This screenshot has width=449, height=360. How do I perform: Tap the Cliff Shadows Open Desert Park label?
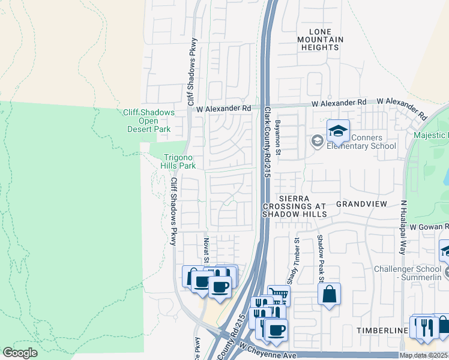coord(148,121)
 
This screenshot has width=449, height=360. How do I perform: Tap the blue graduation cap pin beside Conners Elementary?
coord(338,130)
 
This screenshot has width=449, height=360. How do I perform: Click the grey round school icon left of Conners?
coord(317,141)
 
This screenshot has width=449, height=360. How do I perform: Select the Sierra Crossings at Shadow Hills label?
coord(294,206)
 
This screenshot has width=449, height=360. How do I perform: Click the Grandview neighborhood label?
coord(360,204)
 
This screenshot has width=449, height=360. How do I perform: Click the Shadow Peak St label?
coord(321,258)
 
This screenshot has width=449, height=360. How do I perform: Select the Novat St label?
coord(205,250)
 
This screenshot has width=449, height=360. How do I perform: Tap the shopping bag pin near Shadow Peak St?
coord(329,294)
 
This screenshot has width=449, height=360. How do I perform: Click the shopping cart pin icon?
coord(279,295)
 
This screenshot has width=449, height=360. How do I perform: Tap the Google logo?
coord(20,353)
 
